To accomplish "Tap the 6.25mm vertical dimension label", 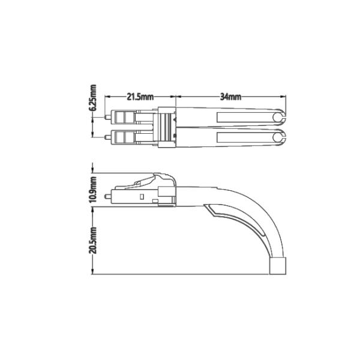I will click(x=94, y=98).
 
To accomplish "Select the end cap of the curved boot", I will click(x=280, y=266).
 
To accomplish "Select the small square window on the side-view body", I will click(x=141, y=196).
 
